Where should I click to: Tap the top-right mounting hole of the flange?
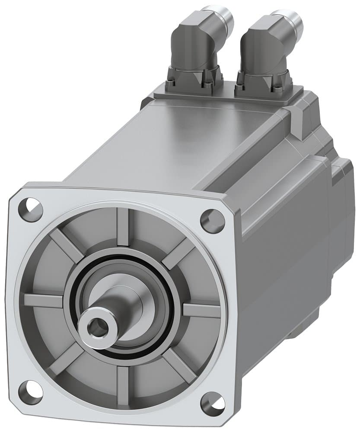click(x=212, y=220)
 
